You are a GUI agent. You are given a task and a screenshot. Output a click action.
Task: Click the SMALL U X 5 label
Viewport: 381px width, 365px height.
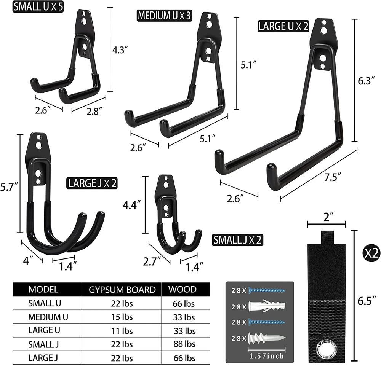[x=38, y=6]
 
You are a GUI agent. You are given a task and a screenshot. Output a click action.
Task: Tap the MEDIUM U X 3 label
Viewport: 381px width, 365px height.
[x=164, y=16]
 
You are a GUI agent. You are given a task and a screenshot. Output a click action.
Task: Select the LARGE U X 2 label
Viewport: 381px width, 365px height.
[x=283, y=26]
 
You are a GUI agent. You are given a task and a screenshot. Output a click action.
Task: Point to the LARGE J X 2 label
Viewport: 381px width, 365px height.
[x=92, y=183]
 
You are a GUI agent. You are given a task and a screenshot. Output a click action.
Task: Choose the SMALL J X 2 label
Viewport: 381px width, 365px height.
[x=237, y=240]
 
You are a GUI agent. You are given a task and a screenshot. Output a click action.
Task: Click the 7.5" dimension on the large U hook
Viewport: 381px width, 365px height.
[x=333, y=177]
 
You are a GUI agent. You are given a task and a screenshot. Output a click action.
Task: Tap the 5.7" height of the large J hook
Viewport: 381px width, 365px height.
[x=9, y=187]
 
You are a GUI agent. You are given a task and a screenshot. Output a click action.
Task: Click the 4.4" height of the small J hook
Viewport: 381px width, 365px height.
[x=131, y=205]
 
